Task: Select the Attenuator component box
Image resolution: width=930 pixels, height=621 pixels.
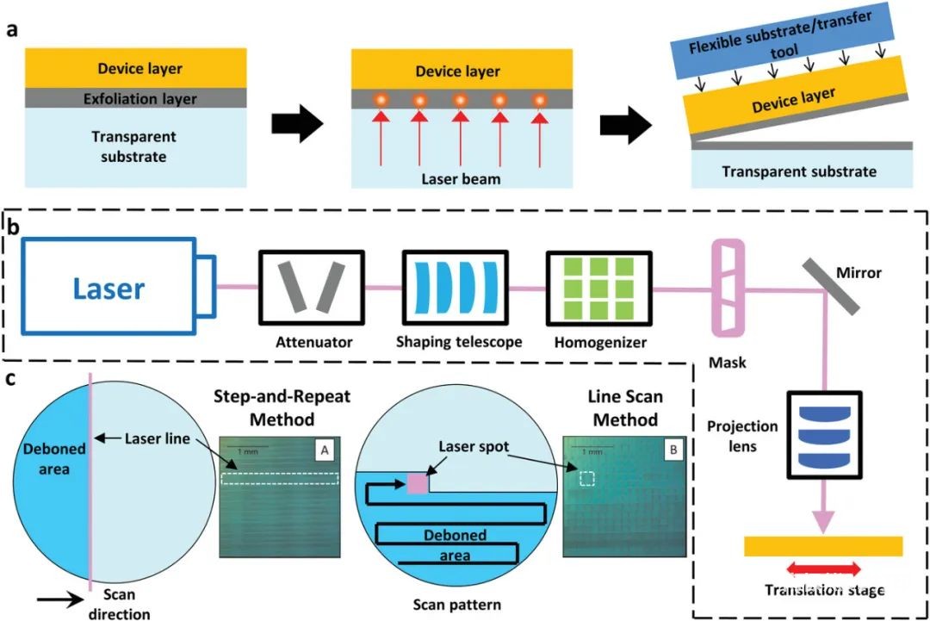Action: [x=312, y=287]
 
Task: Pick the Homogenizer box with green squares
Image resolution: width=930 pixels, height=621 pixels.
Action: [x=598, y=287]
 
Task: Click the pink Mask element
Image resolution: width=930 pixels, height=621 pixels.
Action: [x=727, y=286]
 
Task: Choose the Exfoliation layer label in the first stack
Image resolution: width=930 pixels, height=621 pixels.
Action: [x=141, y=99]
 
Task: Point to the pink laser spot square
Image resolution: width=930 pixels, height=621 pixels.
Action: [x=416, y=483]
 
